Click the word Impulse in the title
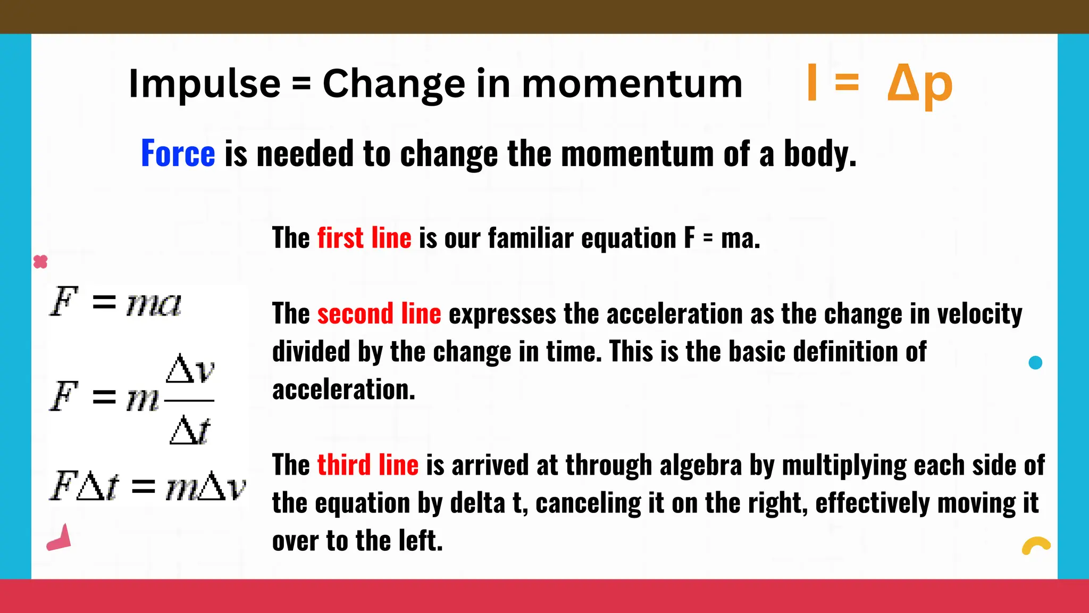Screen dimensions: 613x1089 pyautogui.click(x=204, y=84)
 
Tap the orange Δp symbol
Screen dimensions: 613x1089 pyautogui.click(x=919, y=84)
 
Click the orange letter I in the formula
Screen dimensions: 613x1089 pyautogui.click(x=811, y=82)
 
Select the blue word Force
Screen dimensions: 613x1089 pyautogui.click(x=178, y=154)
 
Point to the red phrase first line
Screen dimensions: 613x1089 pyautogui.click(x=364, y=238)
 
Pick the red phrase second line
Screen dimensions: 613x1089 pyautogui.click(x=379, y=313)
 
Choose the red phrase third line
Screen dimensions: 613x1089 pyautogui.click(x=367, y=465)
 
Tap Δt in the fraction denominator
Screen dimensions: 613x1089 pyautogui.click(x=190, y=430)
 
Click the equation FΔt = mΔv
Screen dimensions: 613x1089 pyautogui.click(x=148, y=486)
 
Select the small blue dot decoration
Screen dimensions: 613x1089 pyautogui.click(x=1035, y=363)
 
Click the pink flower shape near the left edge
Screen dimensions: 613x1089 pyautogui.click(x=40, y=262)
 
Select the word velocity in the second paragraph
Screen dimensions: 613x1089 pyautogui.click(x=979, y=313)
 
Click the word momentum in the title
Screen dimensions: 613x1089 pyautogui.click(x=632, y=84)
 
